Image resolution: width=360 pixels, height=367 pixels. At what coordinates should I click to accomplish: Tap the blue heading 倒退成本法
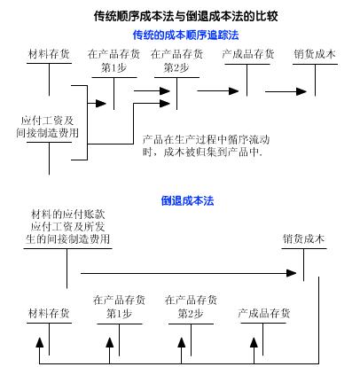click(187, 201)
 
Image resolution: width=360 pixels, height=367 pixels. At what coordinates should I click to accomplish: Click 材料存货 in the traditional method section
click(49, 54)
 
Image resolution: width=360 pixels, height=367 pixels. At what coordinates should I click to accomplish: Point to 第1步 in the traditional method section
click(113, 66)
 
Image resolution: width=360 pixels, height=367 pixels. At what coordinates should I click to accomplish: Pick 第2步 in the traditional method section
click(176, 66)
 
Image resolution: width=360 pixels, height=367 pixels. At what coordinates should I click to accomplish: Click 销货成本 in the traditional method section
click(316, 54)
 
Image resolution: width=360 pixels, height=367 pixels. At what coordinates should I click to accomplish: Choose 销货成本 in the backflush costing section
click(303, 239)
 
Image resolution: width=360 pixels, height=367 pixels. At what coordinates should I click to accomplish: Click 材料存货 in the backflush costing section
click(49, 313)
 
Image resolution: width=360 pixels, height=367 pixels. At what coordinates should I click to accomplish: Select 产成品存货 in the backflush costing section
click(265, 313)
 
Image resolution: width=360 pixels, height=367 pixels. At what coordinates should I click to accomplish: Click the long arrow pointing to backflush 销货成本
click(186, 273)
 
